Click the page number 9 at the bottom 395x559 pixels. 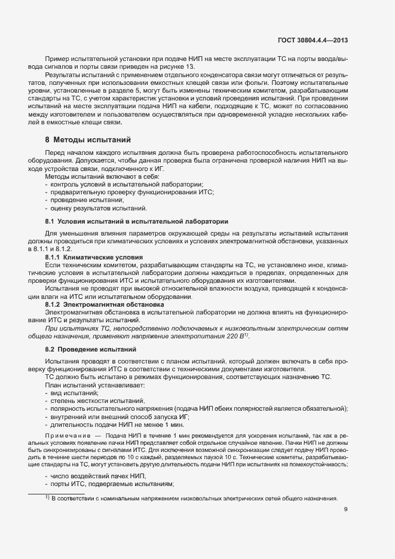(x=346, y=510)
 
